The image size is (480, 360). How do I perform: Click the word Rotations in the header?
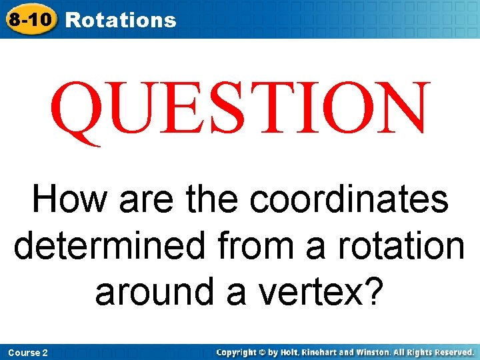point(121,20)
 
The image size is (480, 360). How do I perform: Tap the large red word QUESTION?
point(239,108)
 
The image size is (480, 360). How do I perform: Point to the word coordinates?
point(349,199)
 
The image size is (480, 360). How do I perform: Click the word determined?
point(108,245)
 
